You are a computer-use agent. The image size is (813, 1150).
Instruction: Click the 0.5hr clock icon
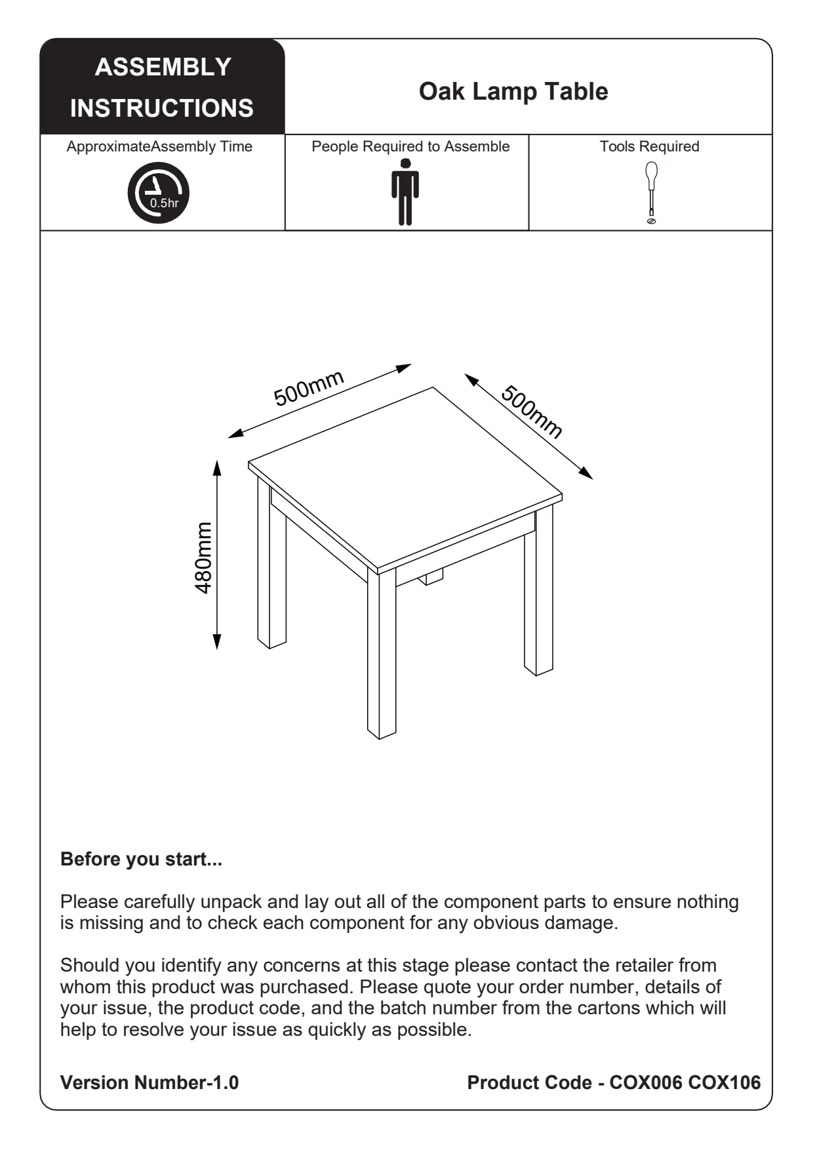click(158, 193)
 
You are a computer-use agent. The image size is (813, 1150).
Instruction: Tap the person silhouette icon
click(405, 193)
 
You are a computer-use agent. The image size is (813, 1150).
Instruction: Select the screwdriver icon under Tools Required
click(651, 193)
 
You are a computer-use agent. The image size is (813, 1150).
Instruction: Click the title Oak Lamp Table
click(513, 92)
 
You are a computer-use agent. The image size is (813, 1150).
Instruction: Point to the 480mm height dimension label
click(204, 558)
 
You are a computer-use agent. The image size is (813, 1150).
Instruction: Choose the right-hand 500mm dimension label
click(532, 412)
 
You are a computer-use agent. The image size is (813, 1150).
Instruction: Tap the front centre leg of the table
click(382, 656)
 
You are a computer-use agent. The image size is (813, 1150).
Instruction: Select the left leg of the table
click(271, 570)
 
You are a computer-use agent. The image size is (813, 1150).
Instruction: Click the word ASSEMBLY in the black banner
click(163, 67)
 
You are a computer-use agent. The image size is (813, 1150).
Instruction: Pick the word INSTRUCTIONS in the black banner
click(162, 108)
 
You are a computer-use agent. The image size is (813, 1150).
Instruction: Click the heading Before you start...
click(141, 859)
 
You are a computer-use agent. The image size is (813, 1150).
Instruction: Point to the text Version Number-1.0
click(149, 1082)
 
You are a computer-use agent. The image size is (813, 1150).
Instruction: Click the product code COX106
click(724, 1082)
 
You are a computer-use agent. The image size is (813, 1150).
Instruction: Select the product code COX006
click(646, 1082)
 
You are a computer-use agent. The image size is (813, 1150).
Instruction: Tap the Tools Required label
click(649, 146)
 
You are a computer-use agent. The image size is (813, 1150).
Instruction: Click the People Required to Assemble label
click(410, 146)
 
